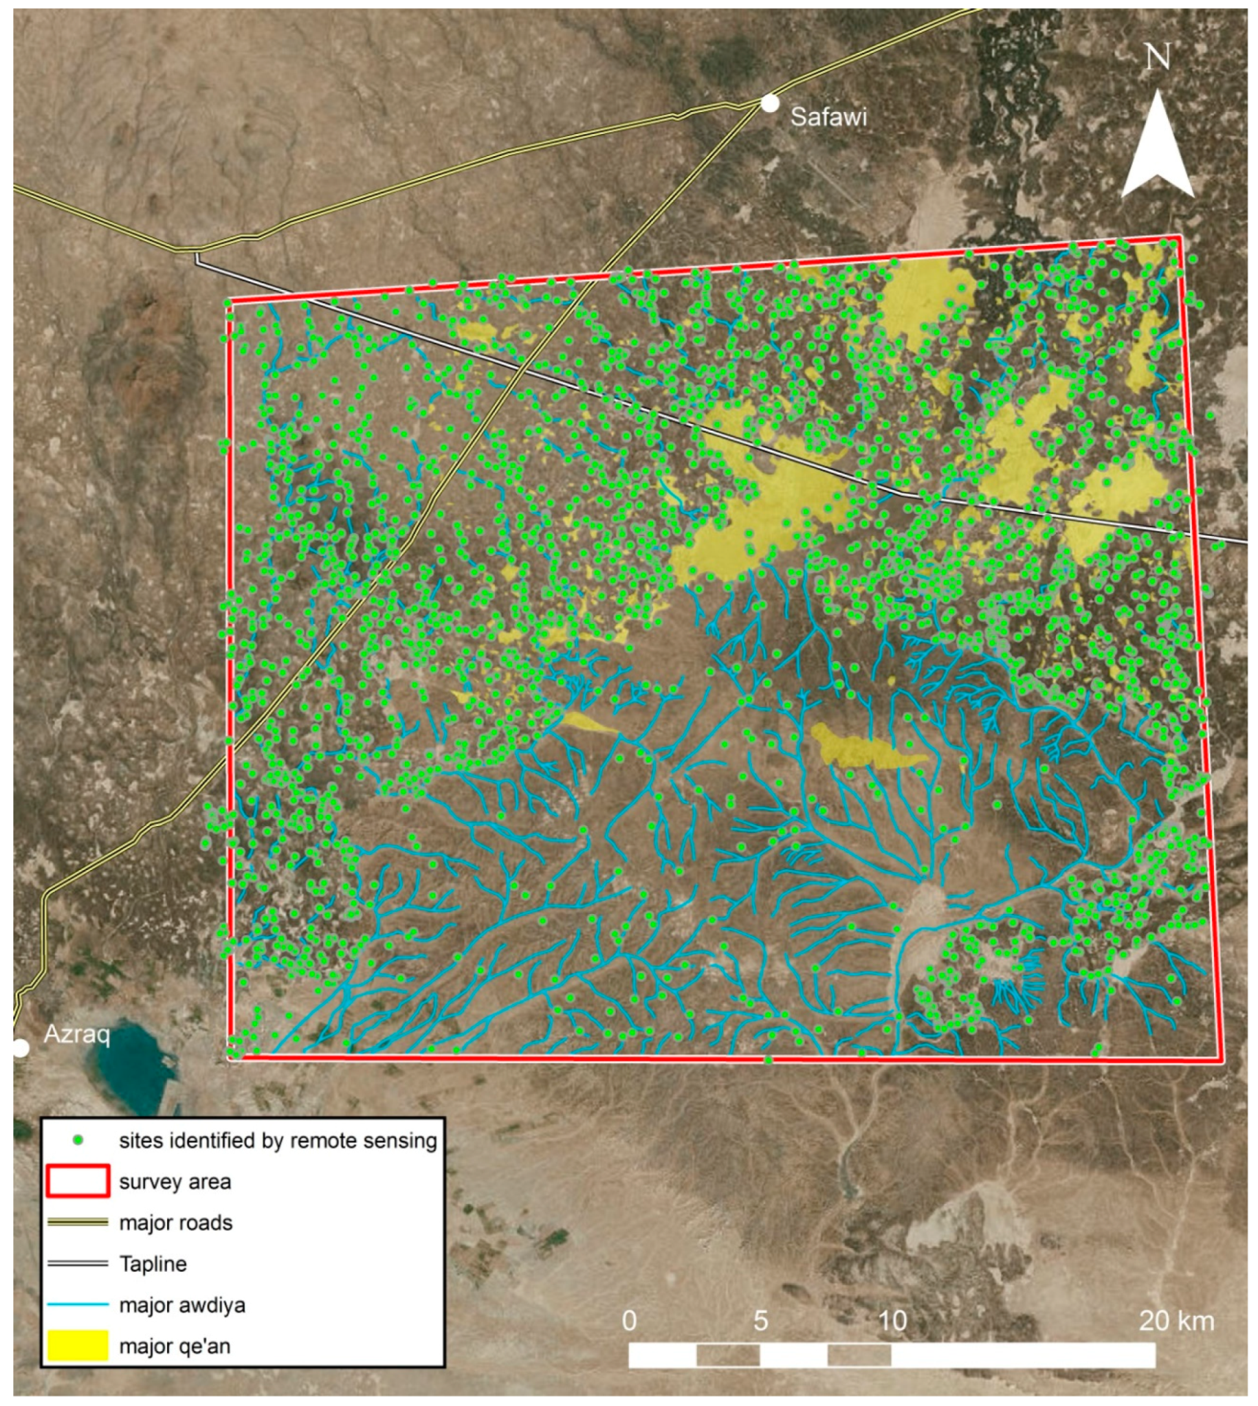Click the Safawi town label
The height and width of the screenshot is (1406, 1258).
pos(828,116)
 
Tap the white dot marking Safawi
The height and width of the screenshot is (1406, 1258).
pos(770,103)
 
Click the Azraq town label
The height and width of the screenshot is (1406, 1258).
pos(77,1035)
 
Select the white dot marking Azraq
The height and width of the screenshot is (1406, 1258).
pos(21,1048)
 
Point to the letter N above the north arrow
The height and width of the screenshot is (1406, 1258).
pos(1158,57)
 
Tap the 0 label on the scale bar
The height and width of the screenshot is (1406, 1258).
pos(629,1321)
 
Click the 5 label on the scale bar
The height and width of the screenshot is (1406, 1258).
pos(761,1321)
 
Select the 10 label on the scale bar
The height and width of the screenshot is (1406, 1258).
pos(892,1321)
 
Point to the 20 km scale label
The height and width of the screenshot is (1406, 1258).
pos(1176,1321)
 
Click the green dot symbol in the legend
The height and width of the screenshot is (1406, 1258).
pos(78,1141)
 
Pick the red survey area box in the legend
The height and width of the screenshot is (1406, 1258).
pos(78,1182)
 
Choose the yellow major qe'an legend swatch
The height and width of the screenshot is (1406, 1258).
pos(78,1346)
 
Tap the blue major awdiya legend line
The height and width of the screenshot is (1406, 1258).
pos(78,1305)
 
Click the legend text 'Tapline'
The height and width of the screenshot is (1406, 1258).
pos(153,1264)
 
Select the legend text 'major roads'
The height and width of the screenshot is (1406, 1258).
pos(176,1223)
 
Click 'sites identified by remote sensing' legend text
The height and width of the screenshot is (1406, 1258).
pos(278,1141)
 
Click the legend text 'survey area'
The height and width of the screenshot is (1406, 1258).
pos(175,1182)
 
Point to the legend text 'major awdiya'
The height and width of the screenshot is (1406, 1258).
pos(182,1305)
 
